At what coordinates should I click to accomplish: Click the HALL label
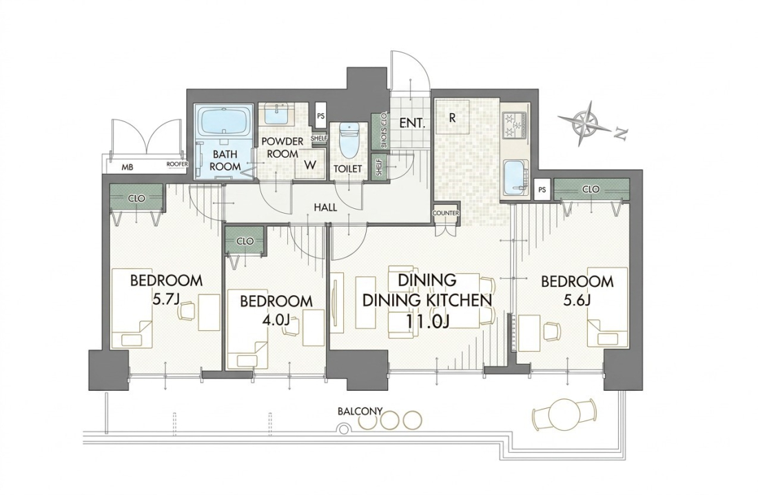325,208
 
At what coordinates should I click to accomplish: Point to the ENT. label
412,123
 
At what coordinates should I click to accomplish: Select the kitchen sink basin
515,177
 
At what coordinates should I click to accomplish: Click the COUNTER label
446,213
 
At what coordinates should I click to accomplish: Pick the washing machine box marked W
310,165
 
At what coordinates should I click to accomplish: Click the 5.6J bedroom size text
577,300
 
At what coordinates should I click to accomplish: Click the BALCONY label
360,412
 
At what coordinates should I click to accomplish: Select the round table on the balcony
564,414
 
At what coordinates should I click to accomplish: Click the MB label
127,168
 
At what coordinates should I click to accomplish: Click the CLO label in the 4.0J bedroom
245,241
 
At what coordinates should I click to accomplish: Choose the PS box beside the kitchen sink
542,190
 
